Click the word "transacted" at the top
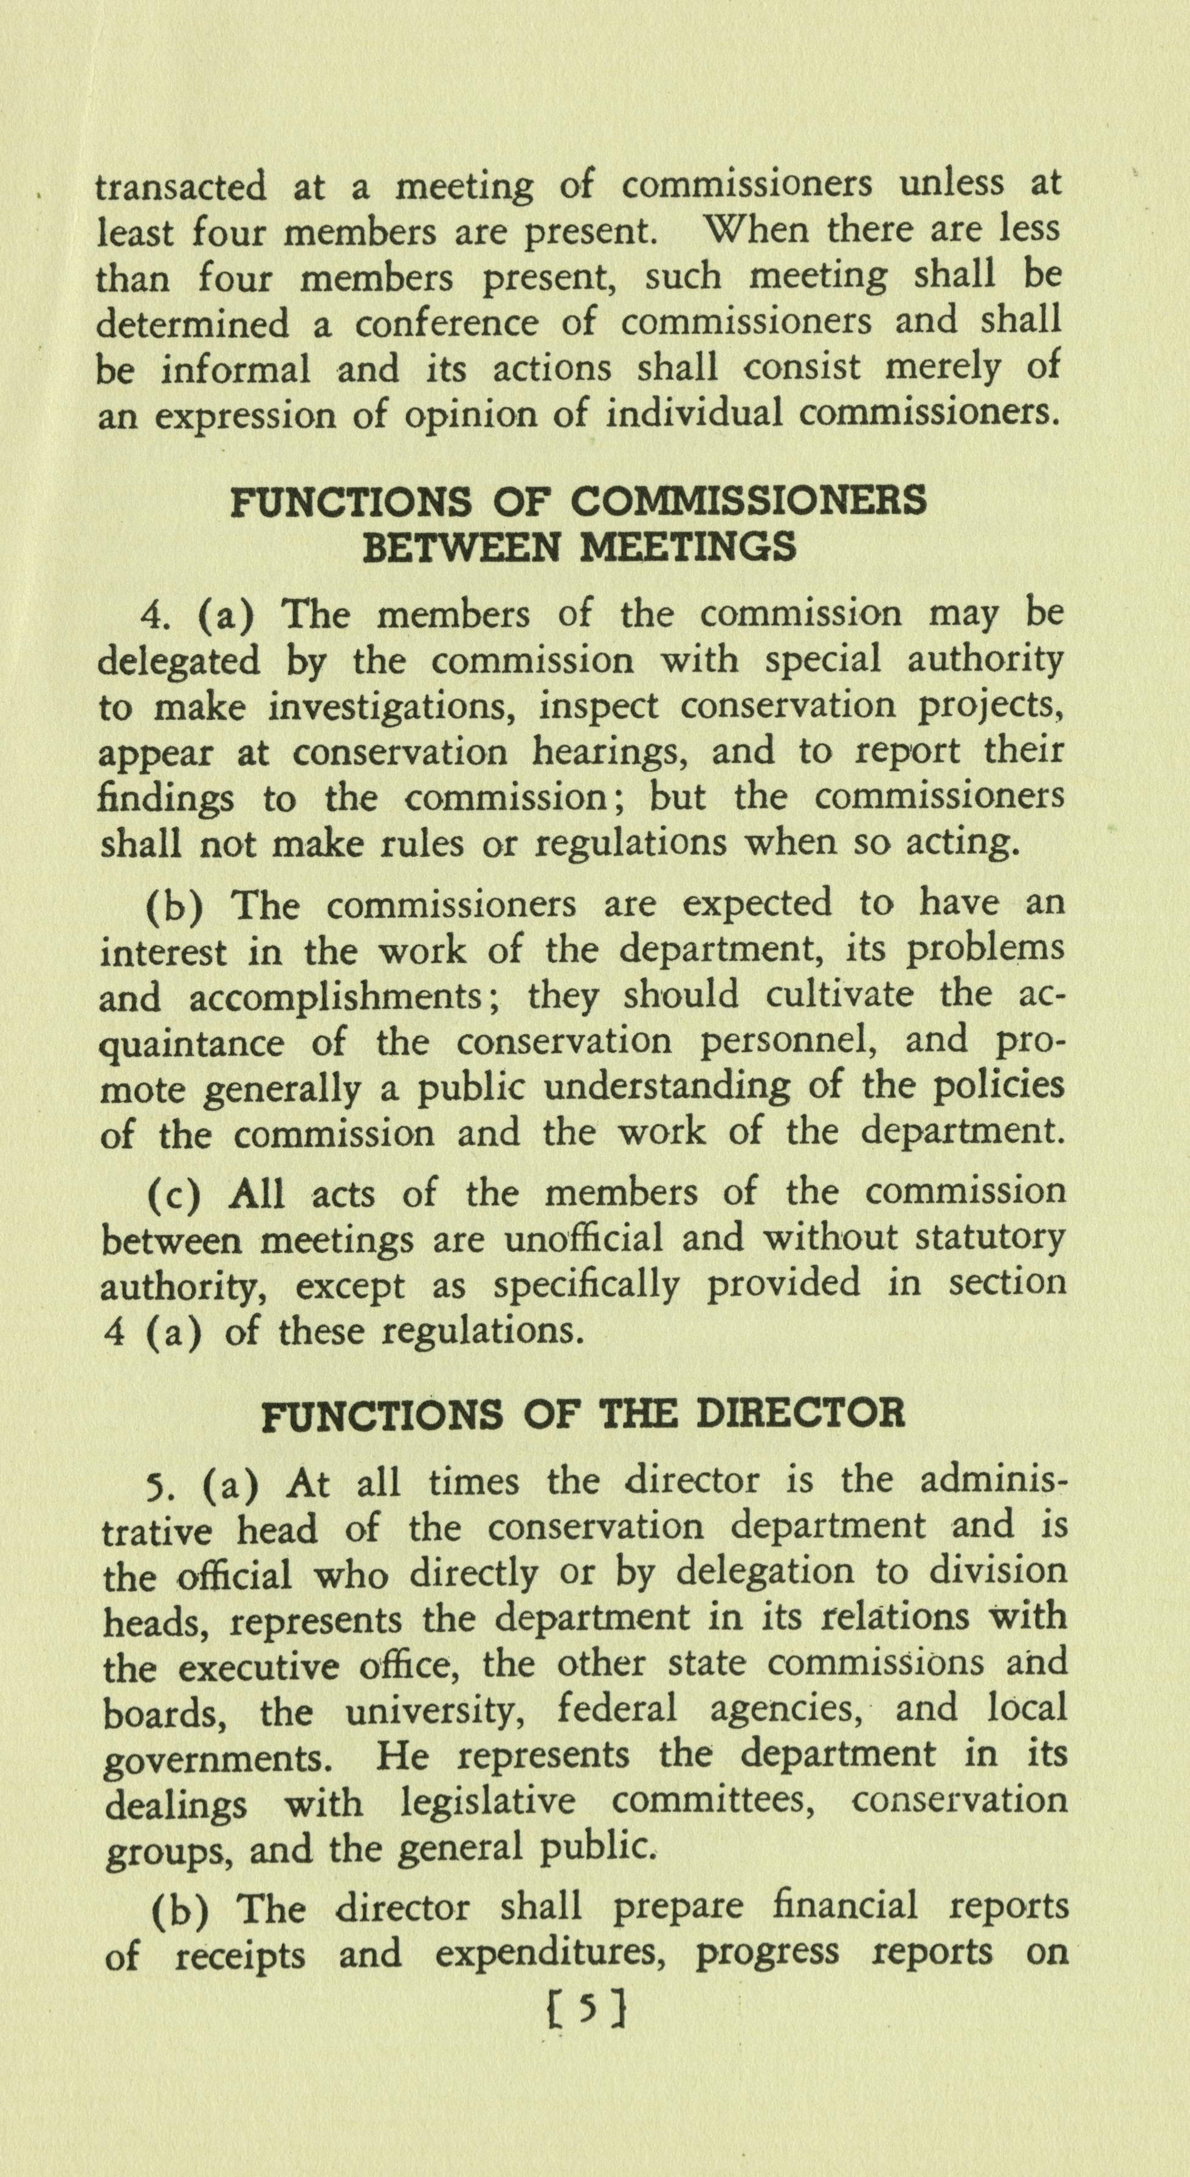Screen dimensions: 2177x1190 tap(180, 187)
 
